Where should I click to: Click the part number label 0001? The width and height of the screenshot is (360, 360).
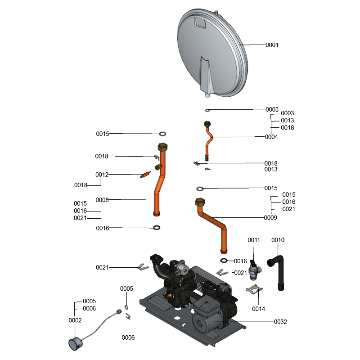(272, 45)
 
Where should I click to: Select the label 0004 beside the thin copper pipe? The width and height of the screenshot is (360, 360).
(271, 137)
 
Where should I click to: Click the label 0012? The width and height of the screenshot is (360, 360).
(102, 175)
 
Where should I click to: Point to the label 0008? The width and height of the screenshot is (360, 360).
(102, 200)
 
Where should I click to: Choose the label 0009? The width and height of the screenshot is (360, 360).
(270, 218)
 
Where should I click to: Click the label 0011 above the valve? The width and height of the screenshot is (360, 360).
(254, 240)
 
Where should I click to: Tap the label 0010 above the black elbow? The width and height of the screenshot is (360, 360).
(278, 240)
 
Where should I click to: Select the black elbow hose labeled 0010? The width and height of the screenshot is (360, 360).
(277, 270)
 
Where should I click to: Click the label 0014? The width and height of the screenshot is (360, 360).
(258, 309)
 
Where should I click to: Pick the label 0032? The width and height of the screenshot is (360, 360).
(280, 322)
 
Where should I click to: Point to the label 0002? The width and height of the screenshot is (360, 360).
(75, 320)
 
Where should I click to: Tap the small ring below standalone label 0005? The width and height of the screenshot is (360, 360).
(127, 307)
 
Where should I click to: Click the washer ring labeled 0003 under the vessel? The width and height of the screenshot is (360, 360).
(207, 110)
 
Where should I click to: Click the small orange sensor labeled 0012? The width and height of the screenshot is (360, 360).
(145, 175)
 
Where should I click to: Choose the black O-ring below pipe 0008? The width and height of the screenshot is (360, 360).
(156, 227)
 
